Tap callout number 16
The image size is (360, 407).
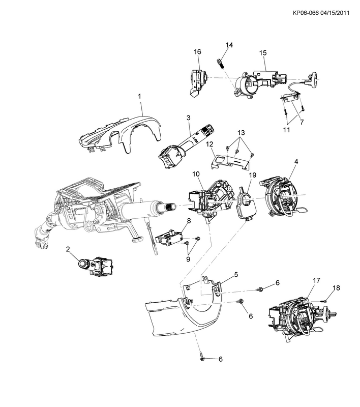coord(198,52)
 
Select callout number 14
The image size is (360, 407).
coord(229,45)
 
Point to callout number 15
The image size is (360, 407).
coord(263,53)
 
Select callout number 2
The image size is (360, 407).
coord(67,248)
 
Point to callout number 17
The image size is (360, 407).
coord(316,280)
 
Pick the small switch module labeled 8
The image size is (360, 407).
coord(170,236)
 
